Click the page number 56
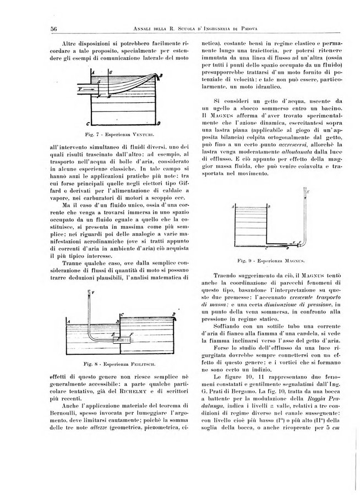pyautogui.click(x=40, y=28)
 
